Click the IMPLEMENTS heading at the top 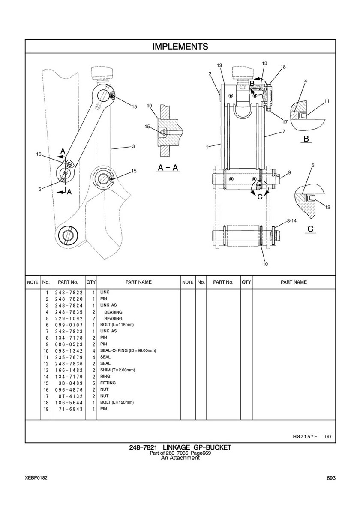click(x=180, y=47)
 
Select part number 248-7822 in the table click(x=69, y=293)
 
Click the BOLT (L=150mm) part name click(x=117, y=402)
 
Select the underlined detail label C click(x=310, y=229)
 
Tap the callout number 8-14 click(x=292, y=220)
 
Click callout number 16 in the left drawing click(x=39, y=154)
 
